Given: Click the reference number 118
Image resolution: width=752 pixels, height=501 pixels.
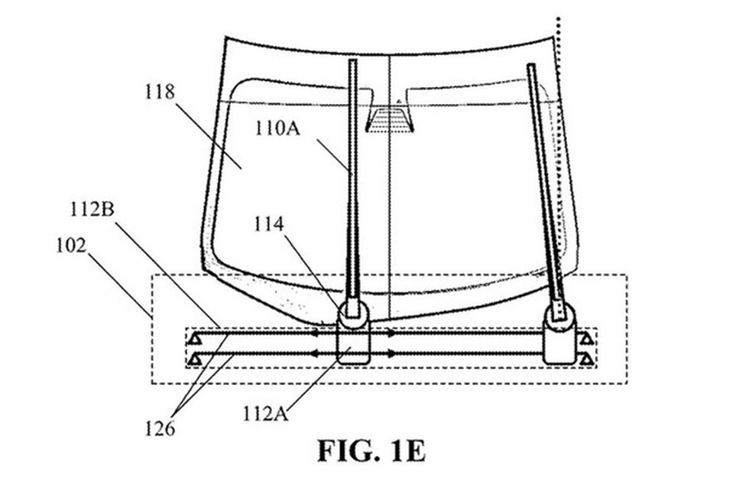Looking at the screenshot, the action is pyautogui.click(x=160, y=91).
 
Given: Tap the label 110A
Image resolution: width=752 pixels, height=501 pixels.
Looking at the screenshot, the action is pyautogui.click(x=277, y=129).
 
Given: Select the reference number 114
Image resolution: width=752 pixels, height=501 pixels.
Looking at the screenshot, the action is pyautogui.click(x=268, y=224).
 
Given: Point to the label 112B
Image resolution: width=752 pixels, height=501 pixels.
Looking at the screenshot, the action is pyautogui.click(x=92, y=210).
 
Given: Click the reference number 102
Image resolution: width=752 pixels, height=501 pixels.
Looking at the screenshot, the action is pyautogui.click(x=72, y=246).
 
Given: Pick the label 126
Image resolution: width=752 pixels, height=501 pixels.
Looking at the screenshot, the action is pyautogui.click(x=160, y=428).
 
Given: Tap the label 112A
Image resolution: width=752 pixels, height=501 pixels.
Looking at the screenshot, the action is pyautogui.click(x=266, y=413).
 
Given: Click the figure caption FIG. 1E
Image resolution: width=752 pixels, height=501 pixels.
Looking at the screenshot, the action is pyautogui.click(x=371, y=451).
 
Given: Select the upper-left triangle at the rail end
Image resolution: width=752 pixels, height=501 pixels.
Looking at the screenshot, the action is pyautogui.click(x=195, y=339).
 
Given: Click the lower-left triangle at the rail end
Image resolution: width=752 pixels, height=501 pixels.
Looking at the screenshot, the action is pyautogui.click(x=195, y=359).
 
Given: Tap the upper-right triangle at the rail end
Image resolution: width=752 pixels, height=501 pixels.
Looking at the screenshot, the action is pyautogui.click(x=586, y=339).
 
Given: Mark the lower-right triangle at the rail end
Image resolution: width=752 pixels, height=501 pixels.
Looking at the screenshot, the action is pyautogui.click(x=586, y=359).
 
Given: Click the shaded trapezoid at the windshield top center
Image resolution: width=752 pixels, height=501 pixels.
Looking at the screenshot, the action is pyautogui.click(x=390, y=120).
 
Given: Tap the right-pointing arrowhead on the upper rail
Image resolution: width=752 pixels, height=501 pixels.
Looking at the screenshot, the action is pyautogui.click(x=392, y=333).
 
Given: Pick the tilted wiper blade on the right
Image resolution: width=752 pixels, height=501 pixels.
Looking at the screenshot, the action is pyautogui.click(x=546, y=192).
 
